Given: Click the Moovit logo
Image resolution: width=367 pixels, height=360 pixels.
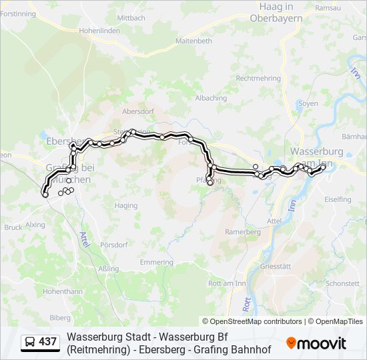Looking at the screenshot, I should click(316, 343).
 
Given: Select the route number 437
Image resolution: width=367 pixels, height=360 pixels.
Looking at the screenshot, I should click(48, 342).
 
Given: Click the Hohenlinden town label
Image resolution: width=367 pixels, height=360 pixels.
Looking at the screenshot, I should click(99, 30).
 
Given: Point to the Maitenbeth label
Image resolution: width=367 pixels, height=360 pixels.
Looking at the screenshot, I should click(194, 41).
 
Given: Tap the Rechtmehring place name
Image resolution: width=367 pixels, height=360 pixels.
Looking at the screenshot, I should click(258, 78).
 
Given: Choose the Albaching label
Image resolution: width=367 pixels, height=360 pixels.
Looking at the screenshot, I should click(211, 98).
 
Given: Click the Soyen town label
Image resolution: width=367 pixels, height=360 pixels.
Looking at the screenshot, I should click(308, 103).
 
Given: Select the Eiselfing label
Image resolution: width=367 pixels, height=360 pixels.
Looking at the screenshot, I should click(338, 199).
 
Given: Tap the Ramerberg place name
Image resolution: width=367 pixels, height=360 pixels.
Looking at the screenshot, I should click(243, 232).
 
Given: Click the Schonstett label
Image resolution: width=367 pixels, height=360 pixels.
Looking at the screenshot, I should click(344, 283).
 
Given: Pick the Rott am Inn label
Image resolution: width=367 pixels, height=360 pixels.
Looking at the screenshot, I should click(227, 283).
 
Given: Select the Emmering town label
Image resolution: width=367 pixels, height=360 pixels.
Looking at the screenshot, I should click(157, 262).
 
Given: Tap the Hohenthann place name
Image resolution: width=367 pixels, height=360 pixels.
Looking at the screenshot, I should click(63, 291).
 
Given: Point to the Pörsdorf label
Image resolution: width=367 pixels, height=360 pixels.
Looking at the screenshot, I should click(113, 245).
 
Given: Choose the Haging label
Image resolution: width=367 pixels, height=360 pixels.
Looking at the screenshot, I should click(125, 206).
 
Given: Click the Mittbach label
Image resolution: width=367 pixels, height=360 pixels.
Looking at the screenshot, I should click(131, 17).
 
